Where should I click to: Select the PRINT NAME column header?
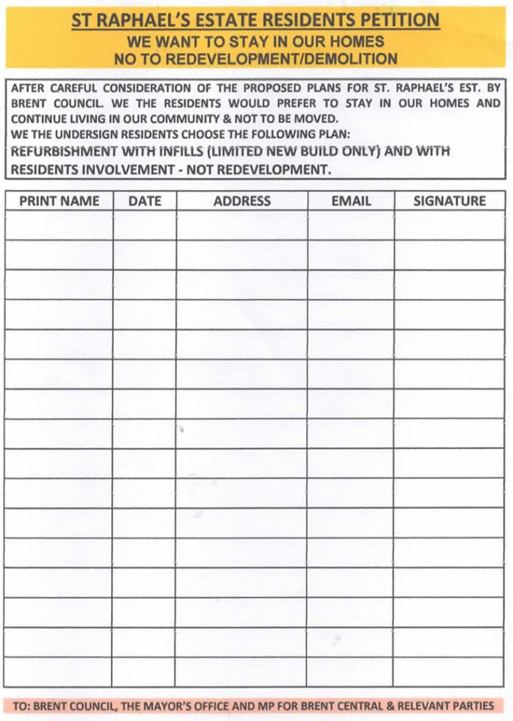pyautogui.click(x=59, y=201)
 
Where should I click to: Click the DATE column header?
pyautogui.click(x=145, y=201)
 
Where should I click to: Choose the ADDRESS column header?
pyautogui.click(x=242, y=201)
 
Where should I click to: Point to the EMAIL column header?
pyautogui.click(x=351, y=201)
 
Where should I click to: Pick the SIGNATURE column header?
pyautogui.click(x=449, y=201)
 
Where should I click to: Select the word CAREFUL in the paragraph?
pyautogui.click(x=80, y=88)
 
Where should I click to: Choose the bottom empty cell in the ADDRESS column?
pyautogui.click(x=242, y=672)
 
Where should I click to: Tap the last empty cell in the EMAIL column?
pyautogui.click(x=351, y=672)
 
